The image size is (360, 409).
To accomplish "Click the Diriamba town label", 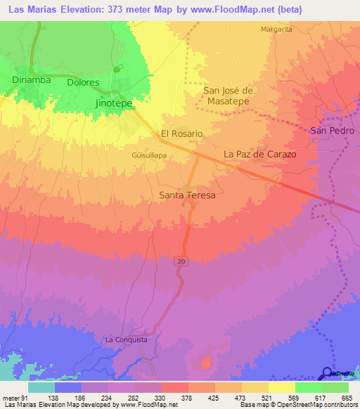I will tap(32, 80).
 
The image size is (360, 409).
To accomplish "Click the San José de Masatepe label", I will tap(228, 96).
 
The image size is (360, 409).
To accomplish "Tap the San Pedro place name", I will tap(330, 131).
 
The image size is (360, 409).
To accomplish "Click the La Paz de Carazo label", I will tap(259, 154).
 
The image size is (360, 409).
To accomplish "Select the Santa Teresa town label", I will tap(187, 195).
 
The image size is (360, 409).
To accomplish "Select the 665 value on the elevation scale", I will tap(346, 398).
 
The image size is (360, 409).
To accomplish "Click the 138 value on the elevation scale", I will tap(68, 398).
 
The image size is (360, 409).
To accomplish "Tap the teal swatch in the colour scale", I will tap(41, 387).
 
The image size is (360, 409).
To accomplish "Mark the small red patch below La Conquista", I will tap(207, 363).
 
